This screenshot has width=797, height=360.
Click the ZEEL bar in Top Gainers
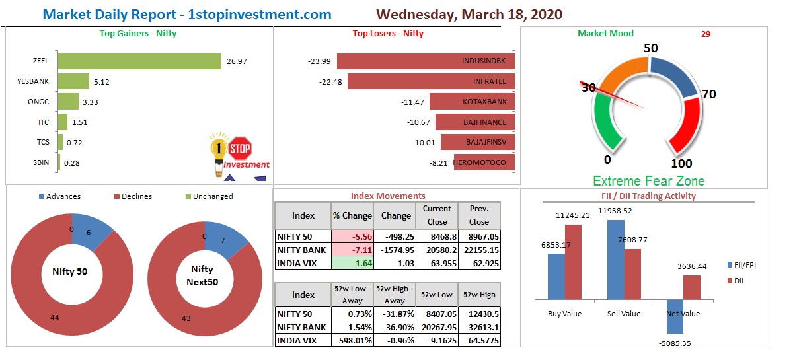139,61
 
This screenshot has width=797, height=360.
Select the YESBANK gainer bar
73,82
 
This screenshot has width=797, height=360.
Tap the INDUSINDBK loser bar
426,61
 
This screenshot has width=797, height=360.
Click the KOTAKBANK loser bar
472,102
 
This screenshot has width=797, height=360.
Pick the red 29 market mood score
706,34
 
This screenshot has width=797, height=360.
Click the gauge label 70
708,94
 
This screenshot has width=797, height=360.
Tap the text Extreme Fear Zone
648,181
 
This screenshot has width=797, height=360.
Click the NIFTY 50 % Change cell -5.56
352,237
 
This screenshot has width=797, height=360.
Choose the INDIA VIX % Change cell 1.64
352,263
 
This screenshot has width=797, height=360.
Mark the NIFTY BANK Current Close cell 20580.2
436,250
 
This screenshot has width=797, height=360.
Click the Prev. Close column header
479,215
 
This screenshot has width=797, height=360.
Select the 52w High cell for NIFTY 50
479,314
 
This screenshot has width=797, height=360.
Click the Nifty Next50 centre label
202,275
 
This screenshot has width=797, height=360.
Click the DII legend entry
735,281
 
